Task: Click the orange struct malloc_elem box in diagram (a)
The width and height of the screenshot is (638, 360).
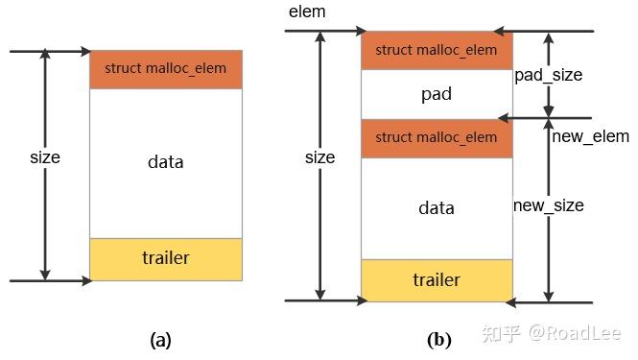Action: point(165,69)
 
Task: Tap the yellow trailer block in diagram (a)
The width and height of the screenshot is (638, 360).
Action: point(165,258)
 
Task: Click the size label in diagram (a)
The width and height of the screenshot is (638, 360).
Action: point(44,156)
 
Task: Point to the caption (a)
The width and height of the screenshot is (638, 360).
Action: point(160,339)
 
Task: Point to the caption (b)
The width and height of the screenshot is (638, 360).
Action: point(438,339)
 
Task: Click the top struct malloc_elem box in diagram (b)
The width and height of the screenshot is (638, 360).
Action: point(437,50)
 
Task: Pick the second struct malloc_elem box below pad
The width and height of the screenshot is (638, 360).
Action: point(437,138)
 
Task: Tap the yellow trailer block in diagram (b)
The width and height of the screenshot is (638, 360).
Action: point(437,280)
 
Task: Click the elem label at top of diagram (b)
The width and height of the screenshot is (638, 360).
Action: point(307,12)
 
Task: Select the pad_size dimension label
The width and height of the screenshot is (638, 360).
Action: point(549,75)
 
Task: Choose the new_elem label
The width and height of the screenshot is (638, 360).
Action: point(591,136)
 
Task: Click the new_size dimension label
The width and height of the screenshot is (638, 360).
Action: point(548,205)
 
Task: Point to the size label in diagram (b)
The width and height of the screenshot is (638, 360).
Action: point(319,156)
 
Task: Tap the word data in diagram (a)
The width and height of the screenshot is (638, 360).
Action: point(165,161)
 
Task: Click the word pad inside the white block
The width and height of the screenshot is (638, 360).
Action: point(437,95)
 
